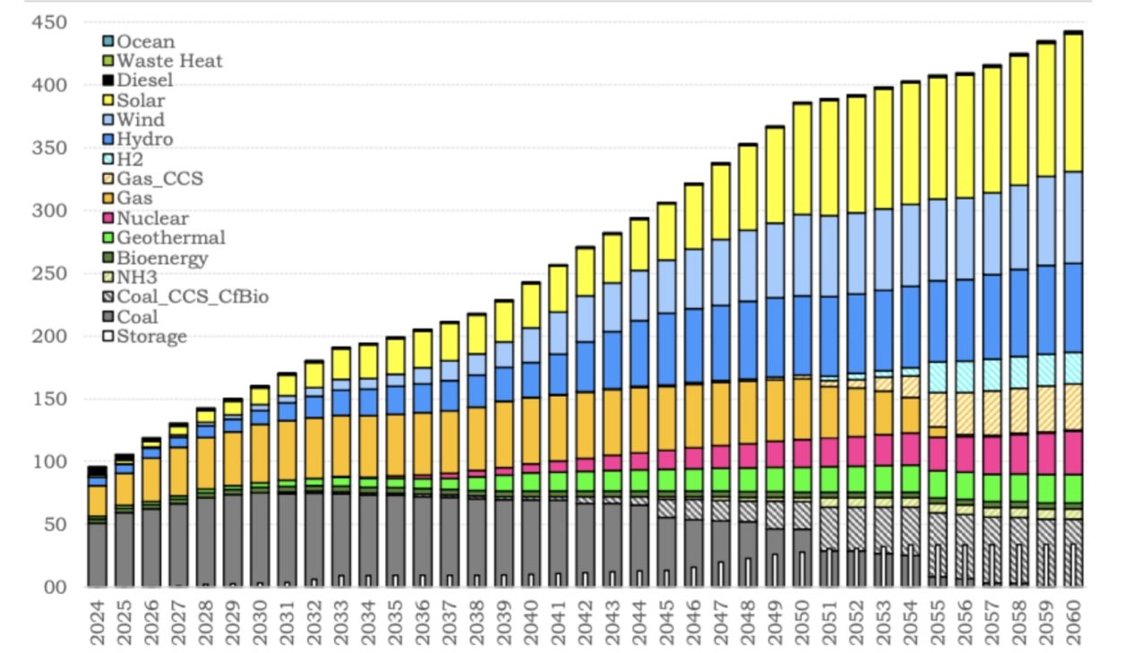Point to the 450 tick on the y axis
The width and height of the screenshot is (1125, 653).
(x=50, y=22)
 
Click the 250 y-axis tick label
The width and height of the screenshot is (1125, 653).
(x=50, y=273)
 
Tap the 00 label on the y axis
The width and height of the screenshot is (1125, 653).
(x=56, y=588)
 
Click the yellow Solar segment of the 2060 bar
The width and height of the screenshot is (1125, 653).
(x=1073, y=103)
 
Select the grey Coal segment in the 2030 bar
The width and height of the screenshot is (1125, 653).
(x=260, y=537)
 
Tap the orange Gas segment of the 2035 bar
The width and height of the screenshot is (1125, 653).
(x=395, y=445)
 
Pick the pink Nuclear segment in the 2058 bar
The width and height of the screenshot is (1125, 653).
(x=1018, y=454)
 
